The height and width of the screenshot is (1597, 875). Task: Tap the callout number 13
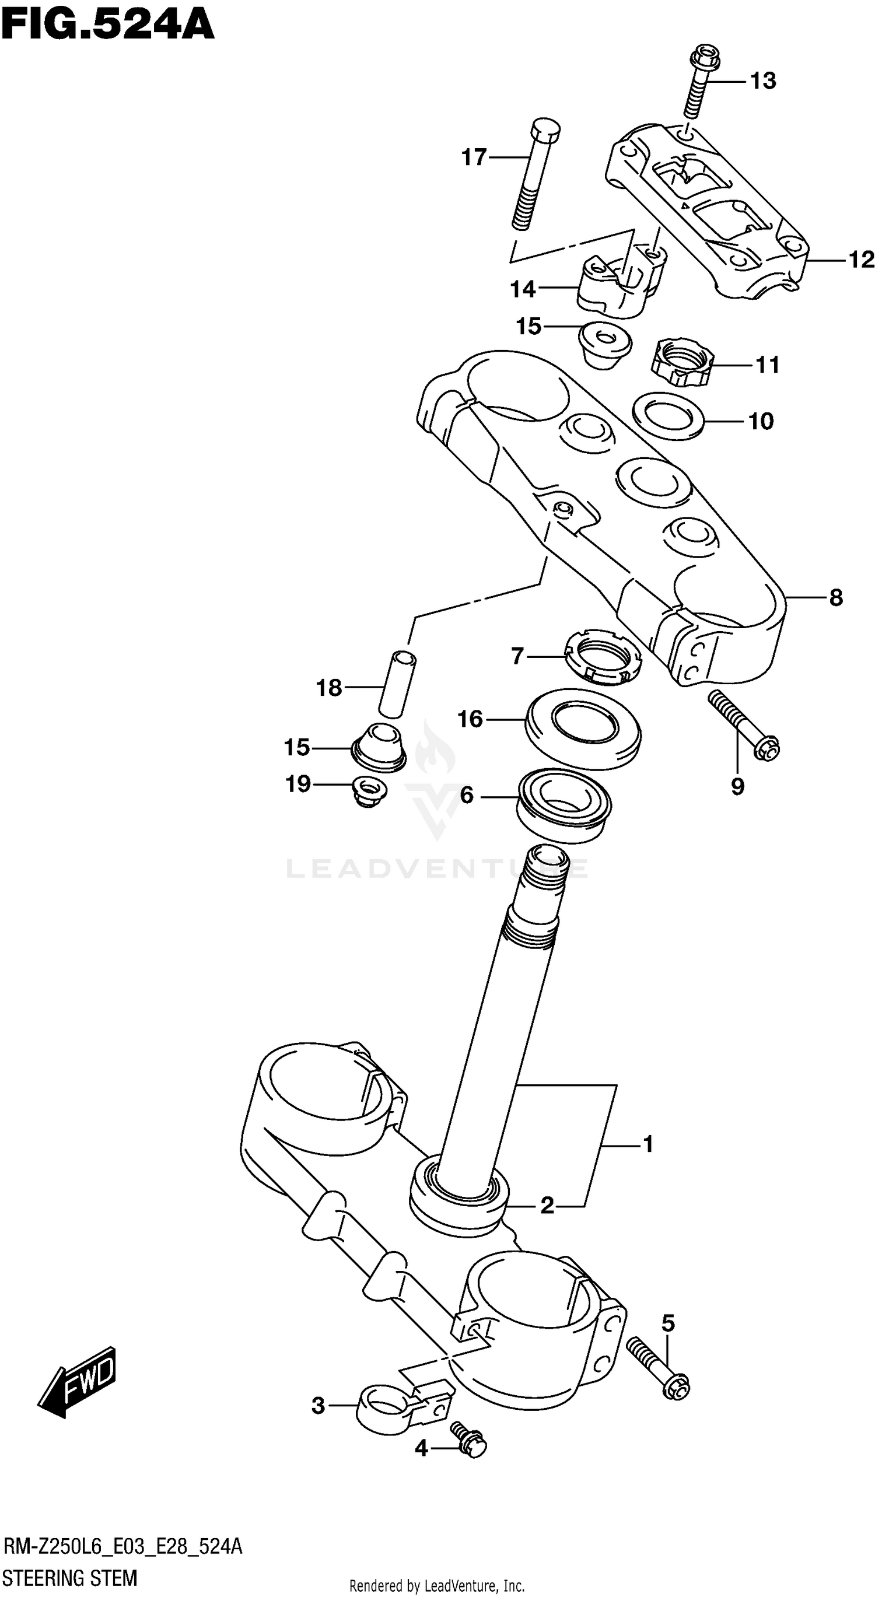(x=763, y=81)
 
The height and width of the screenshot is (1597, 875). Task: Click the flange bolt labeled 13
(x=699, y=81)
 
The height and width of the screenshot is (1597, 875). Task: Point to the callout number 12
(x=861, y=260)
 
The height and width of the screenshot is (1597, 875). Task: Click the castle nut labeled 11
(x=682, y=363)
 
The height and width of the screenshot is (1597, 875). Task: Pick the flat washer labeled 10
(x=668, y=416)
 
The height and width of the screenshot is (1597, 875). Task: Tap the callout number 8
(x=836, y=598)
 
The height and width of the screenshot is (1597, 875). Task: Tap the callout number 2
(x=547, y=1206)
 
